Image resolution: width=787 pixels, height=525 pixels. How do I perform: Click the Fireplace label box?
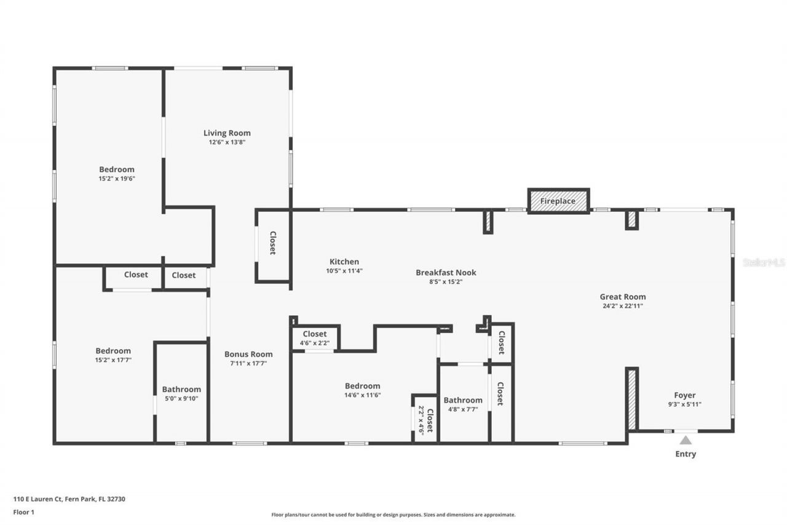(558, 201)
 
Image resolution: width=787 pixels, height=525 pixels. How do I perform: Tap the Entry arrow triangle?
(686, 440)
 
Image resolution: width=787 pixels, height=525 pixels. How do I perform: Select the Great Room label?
(623, 297)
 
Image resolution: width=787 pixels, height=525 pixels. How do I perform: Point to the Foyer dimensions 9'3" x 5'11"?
(685, 404)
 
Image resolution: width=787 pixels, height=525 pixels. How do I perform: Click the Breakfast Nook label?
(446, 273)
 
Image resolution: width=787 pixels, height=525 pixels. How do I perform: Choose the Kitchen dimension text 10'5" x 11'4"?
(344, 271)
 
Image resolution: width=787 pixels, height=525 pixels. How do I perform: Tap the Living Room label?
(227, 133)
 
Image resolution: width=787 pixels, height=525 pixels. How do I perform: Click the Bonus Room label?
(248, 354)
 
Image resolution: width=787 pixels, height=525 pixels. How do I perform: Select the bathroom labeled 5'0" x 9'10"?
(181, 393)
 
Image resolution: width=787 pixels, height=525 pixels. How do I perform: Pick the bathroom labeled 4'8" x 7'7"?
(463, 404)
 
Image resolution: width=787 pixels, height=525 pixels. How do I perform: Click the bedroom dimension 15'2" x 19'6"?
(117, 178)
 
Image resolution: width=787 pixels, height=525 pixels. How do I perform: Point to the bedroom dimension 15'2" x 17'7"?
(113, 360)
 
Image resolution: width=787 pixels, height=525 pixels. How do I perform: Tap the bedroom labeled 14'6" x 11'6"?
(362, 390)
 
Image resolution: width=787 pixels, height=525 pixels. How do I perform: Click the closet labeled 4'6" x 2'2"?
(315, 338)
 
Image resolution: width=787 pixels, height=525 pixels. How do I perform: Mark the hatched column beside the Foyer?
(631, 399)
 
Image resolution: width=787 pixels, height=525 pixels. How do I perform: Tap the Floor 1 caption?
(23, 511)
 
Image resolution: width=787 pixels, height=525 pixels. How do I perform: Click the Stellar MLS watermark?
(764, 262)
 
